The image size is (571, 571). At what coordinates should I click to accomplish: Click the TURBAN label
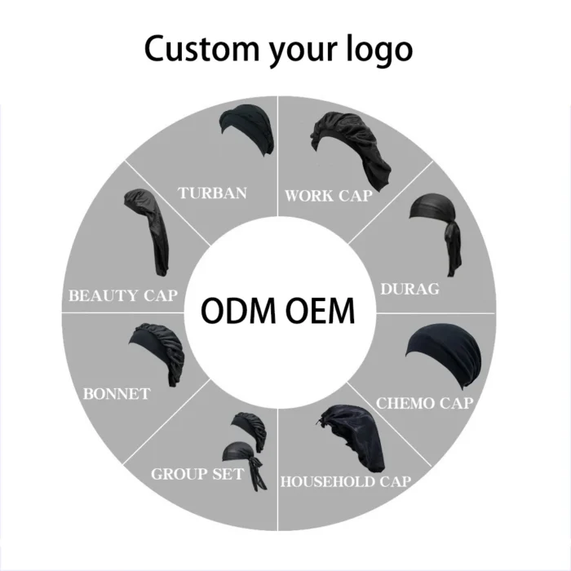pyautogui.click(x=212, y=193)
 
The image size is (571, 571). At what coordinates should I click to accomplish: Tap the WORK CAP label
pyautogui.click(x=329, y=196)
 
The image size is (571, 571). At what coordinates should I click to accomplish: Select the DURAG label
pyautogui.click(x=409, y=289)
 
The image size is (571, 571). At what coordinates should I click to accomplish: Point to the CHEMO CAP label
pyautogui.click(x=425, y=404)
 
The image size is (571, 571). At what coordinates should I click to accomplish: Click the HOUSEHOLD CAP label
pyautogui.click(x=346, y=482)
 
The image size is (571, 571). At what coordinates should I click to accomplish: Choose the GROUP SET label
pyautogui.click(x=197, y=474)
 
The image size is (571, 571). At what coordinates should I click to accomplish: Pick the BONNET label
pyautogui.click(x=117, y=394)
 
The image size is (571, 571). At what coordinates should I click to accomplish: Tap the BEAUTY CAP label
pyautogui.click(x=123, y=295)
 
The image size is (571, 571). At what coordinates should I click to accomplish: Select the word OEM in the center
pyautogui.click(x=320, y=311)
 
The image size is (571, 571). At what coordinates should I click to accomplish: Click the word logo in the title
pyautogui.click(x=379, y=49)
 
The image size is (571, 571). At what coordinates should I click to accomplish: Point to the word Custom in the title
pyautogui.click(x=202, y=48)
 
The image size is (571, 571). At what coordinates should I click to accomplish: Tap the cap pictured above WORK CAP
pyautogui.click(x=351, y=149)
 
